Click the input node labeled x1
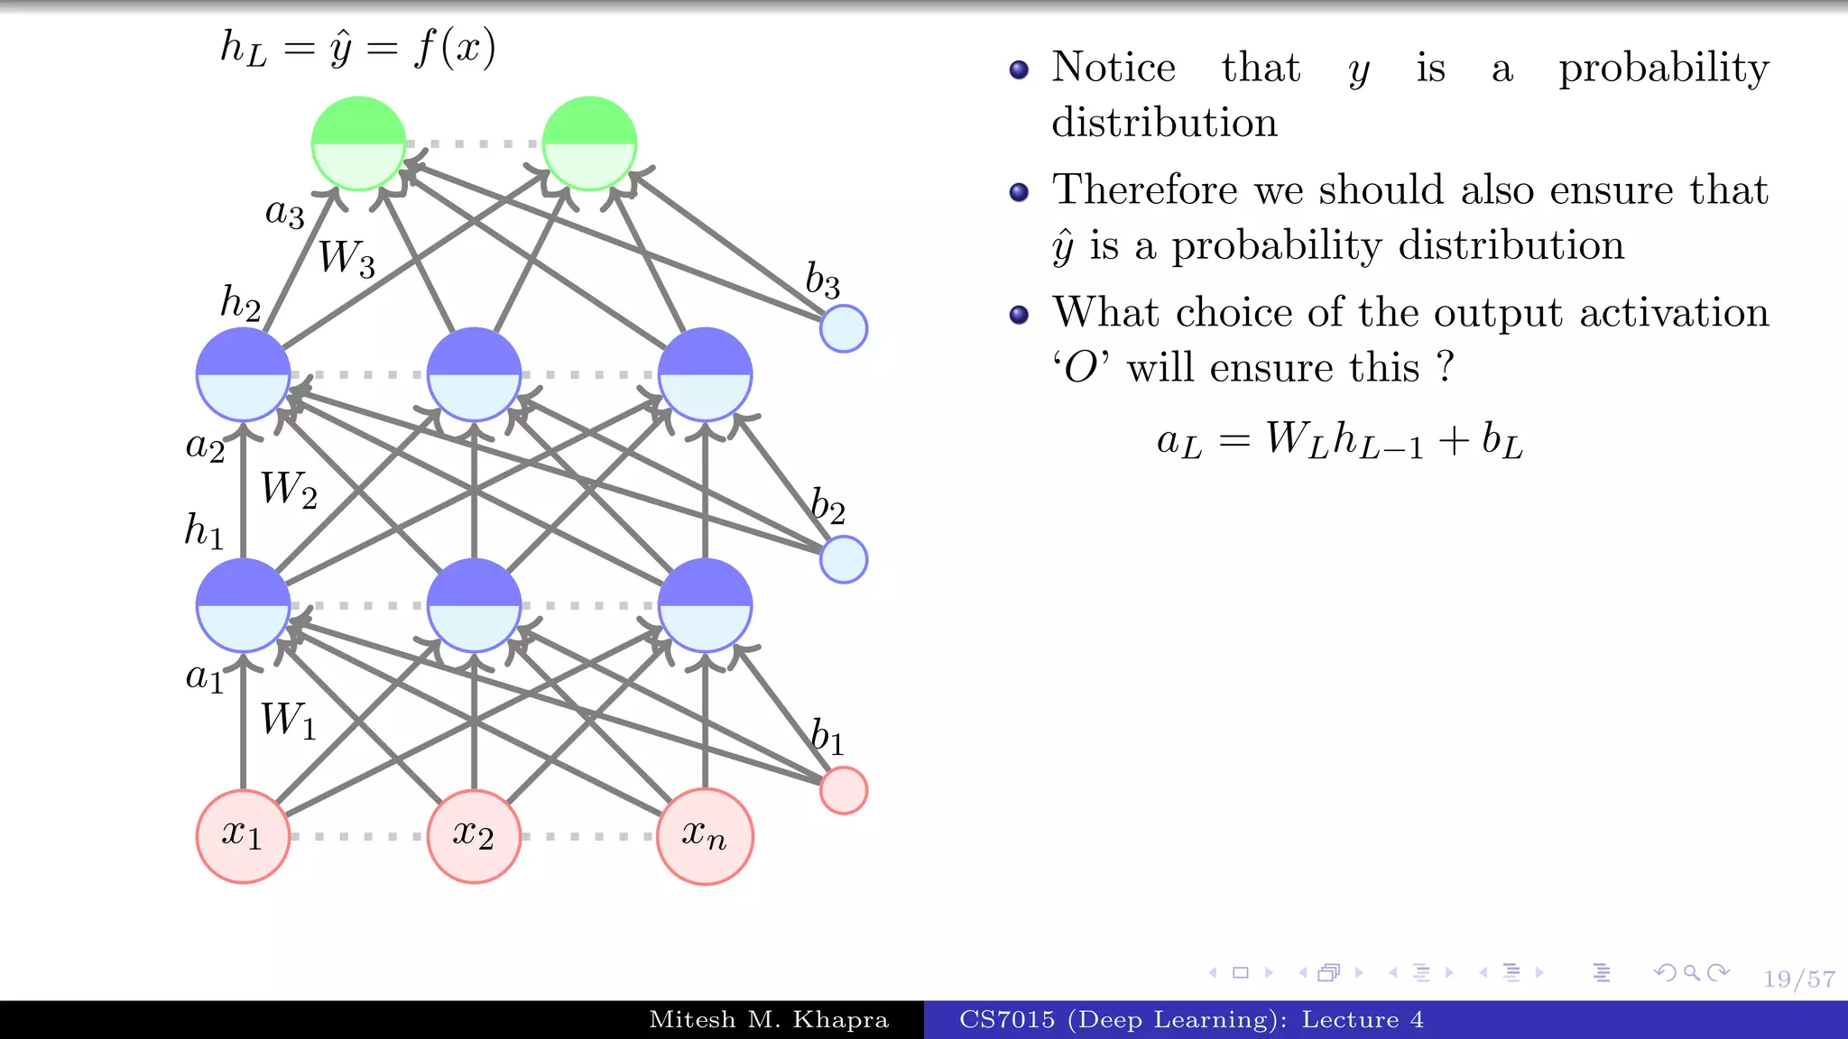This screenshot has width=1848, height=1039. (243, 836)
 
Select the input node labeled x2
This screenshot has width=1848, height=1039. (474, 836)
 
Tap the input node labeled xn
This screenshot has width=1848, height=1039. (705, 836)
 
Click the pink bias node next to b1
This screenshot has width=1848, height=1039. (843, 790)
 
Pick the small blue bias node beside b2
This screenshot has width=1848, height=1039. (843, 559)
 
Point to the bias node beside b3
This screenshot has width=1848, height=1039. (843, 328)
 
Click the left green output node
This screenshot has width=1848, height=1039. (358, 143)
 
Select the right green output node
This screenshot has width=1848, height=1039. (589, 143)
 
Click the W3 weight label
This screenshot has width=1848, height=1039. (346, 259)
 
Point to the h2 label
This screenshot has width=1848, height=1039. (240, 303)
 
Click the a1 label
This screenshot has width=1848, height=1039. (205, 676)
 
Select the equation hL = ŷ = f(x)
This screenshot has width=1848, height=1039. (358, 48)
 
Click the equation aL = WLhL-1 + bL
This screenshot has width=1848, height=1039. (1340, 441)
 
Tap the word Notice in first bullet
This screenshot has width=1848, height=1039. (1113, 68)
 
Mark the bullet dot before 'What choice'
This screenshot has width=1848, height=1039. (1019, 315)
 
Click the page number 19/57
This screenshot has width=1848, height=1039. (1798, 979)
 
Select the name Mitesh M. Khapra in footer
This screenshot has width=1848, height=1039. (769, 1020)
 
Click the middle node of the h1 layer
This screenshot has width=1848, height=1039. (474, 605)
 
